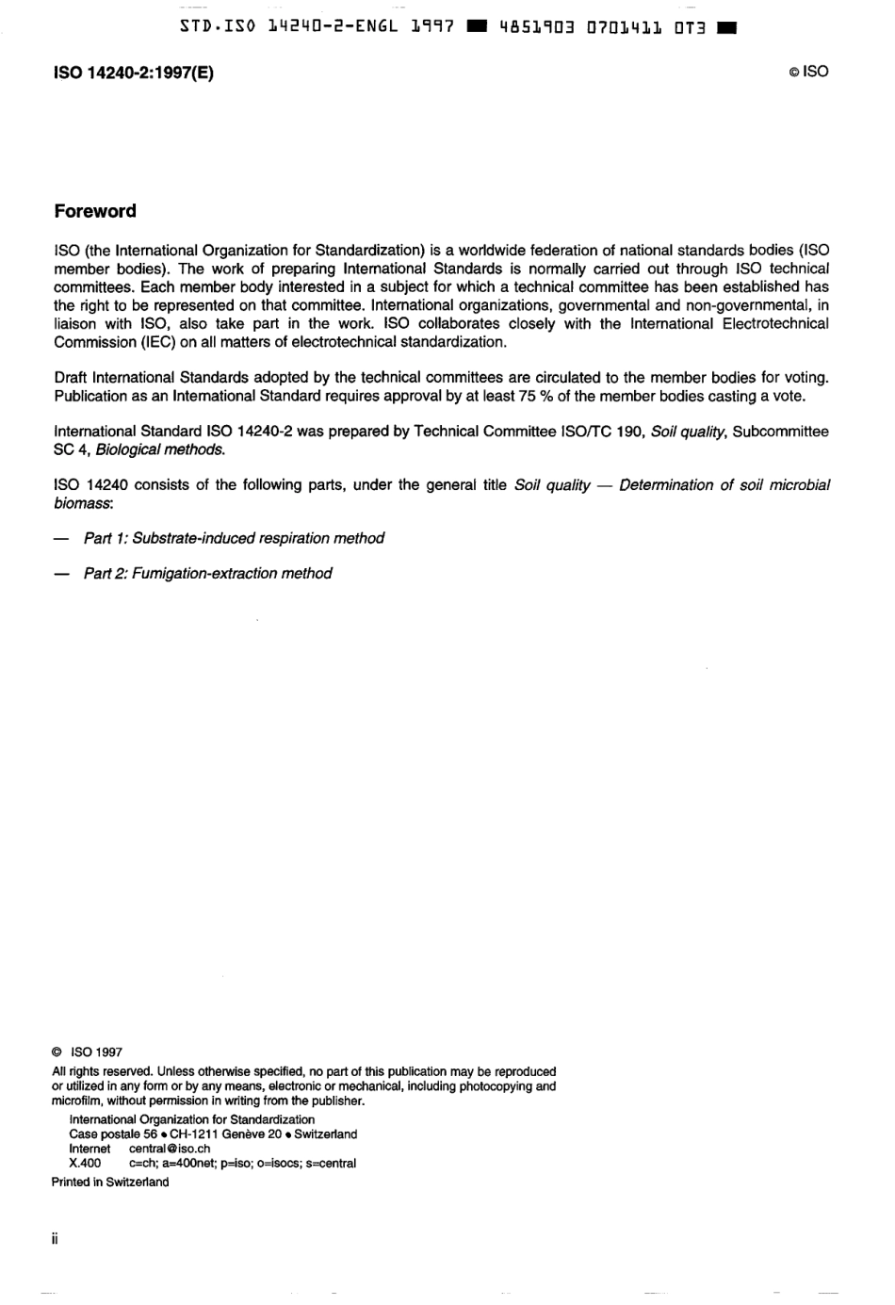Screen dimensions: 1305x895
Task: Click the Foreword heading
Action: coord(95,211)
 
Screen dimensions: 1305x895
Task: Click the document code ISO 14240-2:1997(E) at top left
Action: coord(134,73)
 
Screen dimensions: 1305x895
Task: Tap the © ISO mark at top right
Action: coord(808,72)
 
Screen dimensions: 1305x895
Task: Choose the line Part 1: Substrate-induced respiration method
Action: coord(234,538)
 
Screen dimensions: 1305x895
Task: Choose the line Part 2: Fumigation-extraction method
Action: coord(207,573)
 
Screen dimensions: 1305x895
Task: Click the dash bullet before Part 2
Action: coord(61,573)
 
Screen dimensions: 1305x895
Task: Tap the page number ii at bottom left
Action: coord(56,1239)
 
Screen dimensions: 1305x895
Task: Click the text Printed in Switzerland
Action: coord(110,1183)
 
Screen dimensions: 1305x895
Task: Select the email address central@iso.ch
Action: coord(170,1149)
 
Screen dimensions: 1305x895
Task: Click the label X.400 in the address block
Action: coord(85,1163)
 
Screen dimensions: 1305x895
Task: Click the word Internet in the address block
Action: coord(89,1149)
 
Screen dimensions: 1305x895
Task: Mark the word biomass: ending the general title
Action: coord(83,503)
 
